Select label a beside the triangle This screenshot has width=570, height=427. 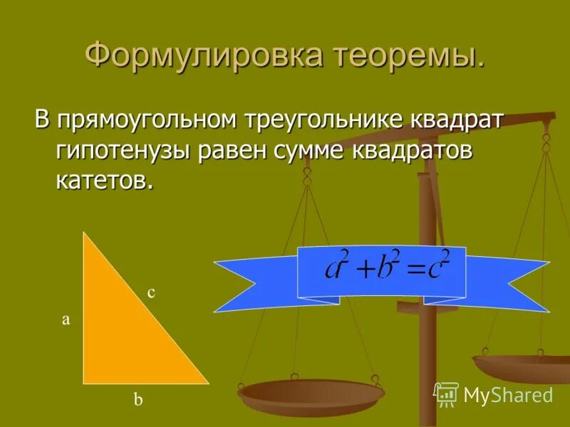click(66, 320)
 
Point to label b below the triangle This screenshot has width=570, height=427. click(138, 401)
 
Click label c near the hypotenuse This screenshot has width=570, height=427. click(151, 292)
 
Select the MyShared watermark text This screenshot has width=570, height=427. click(508, 395)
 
